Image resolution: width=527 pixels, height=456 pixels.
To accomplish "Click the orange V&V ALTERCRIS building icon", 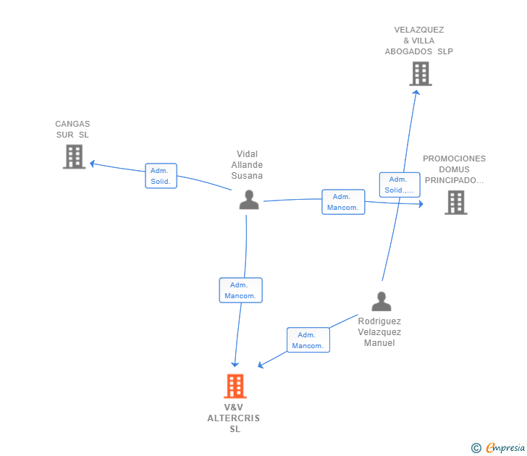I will coord(235,387).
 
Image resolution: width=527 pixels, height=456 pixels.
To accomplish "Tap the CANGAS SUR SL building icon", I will coord(74,156).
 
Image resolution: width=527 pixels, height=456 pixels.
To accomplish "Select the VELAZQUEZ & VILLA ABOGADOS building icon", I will coord(420,74).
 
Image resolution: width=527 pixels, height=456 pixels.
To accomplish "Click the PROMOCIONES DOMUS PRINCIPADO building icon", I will coord(455,203).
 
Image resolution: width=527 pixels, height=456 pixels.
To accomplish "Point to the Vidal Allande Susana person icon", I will coord(249,200).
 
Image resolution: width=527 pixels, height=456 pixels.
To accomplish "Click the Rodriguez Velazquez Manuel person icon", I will coord(381,301).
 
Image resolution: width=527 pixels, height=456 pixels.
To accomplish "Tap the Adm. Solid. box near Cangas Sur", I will coord(161,176).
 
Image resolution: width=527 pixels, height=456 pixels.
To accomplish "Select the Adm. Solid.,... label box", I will coord(399,185).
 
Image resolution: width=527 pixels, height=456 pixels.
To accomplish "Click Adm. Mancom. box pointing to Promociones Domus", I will coord(343,202).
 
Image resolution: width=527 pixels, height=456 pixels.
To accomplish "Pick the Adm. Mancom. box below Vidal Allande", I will coord(240,290).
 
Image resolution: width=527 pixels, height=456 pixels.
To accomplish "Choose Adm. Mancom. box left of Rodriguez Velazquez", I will coord(308,340).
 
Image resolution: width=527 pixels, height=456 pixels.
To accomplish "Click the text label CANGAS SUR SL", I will coord(72,130).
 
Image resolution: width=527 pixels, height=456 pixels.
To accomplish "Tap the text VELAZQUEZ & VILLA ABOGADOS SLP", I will coord(419,41).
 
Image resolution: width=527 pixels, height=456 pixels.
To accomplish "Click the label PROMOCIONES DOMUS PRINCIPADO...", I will coord(455,169).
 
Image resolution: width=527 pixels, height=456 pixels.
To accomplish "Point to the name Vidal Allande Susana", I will coord(247,165).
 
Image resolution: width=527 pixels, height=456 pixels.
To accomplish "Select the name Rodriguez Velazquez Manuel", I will coord(379,332).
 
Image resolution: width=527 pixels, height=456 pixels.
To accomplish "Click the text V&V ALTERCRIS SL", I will coord(233,418).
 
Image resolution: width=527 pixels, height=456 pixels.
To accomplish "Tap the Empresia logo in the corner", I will coord(505,448).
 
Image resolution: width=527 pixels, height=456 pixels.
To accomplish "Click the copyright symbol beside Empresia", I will coord(476,448).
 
